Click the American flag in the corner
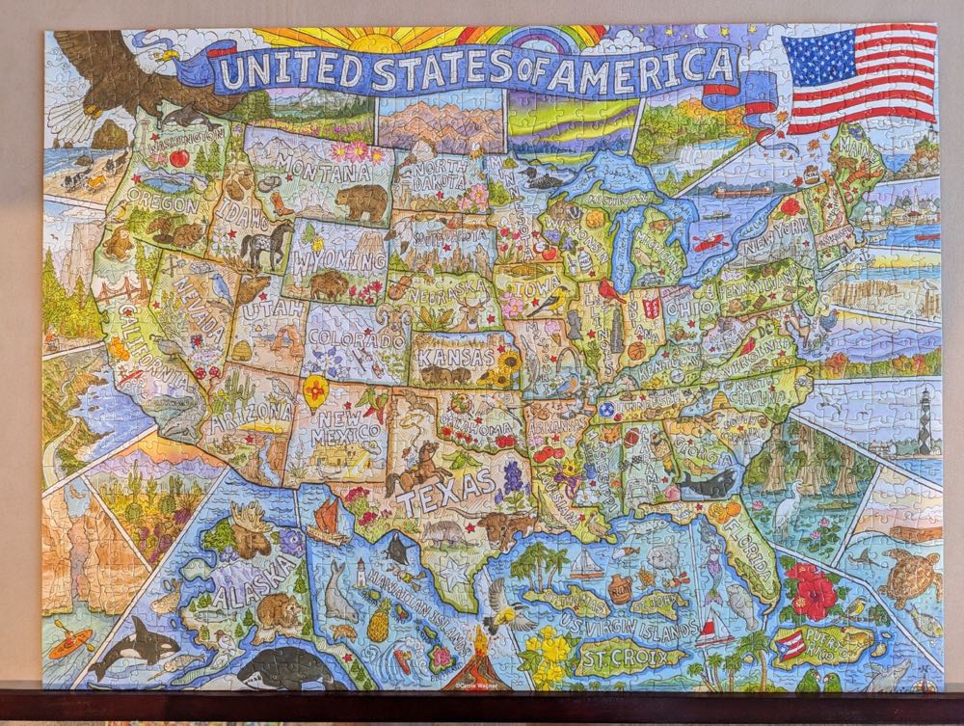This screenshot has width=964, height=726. coord(860,78)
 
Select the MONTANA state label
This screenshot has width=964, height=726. coord(328,174)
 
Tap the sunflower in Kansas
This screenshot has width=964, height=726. coord(506,364)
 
